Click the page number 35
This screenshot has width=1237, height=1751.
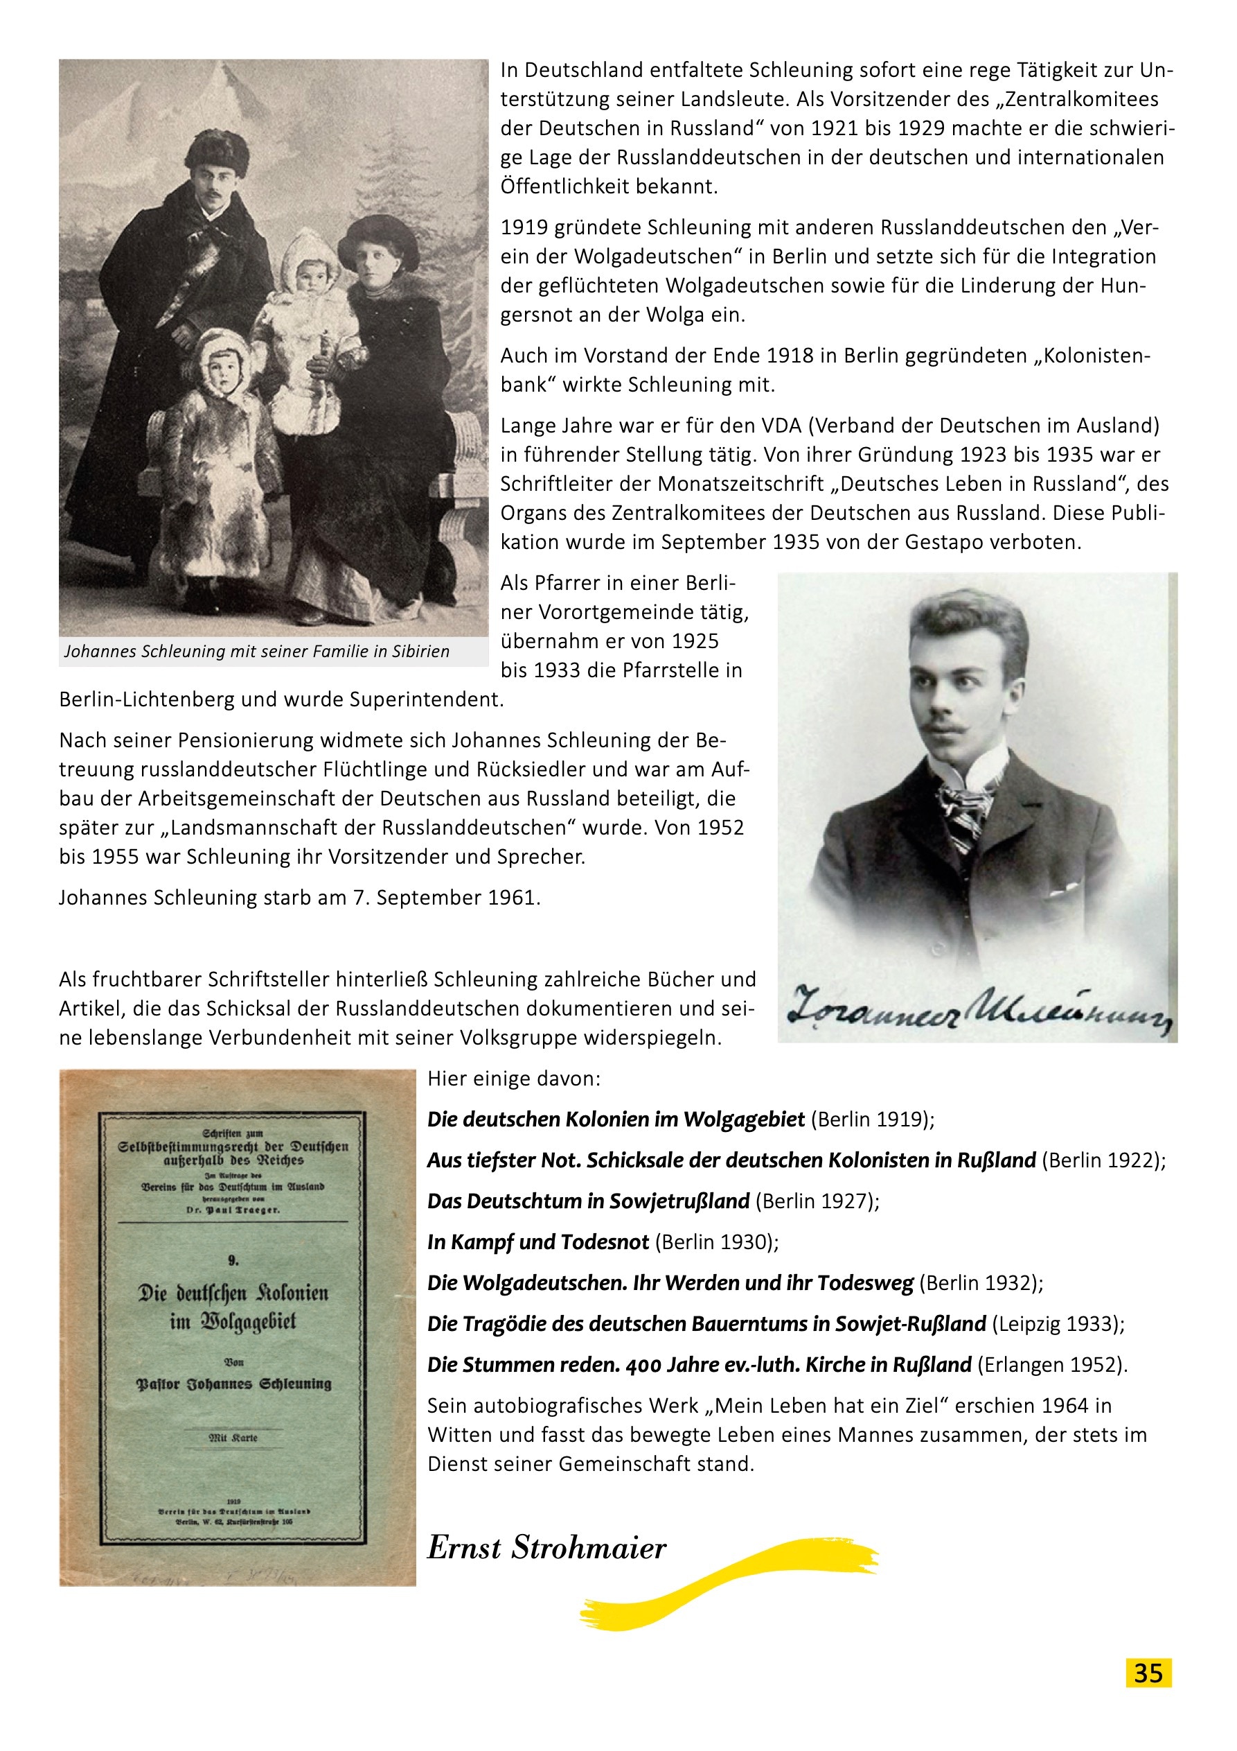[1148, 1673]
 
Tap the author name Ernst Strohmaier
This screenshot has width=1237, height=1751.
[546, 1547]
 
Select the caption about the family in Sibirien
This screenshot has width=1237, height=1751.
[257, 652]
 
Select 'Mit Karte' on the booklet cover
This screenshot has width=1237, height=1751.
[233, 1438]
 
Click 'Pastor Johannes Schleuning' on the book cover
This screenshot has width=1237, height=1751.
[234, 1384]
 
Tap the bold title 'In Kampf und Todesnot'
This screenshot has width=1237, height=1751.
[538, 1242]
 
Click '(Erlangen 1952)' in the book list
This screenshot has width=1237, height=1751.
[1051, 1364]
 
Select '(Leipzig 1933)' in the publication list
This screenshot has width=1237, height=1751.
[1057, 1324]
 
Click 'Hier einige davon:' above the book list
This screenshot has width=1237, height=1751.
[514, 1079]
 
